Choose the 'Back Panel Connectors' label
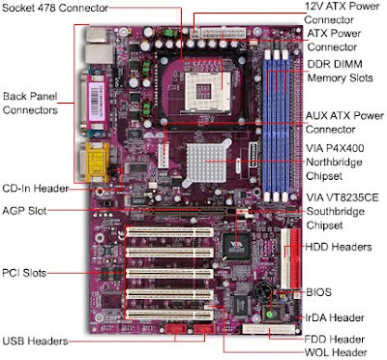30,104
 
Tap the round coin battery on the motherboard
262,290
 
